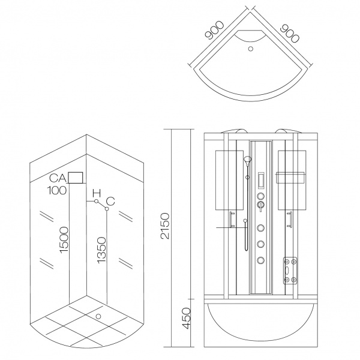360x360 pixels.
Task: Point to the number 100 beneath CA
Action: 58,191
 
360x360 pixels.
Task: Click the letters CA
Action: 58,178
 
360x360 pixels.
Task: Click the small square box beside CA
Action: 76,178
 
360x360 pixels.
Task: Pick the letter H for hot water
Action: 96,194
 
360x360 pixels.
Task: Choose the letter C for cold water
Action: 110,200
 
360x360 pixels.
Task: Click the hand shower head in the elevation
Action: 247,161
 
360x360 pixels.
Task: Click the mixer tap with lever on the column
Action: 260,206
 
